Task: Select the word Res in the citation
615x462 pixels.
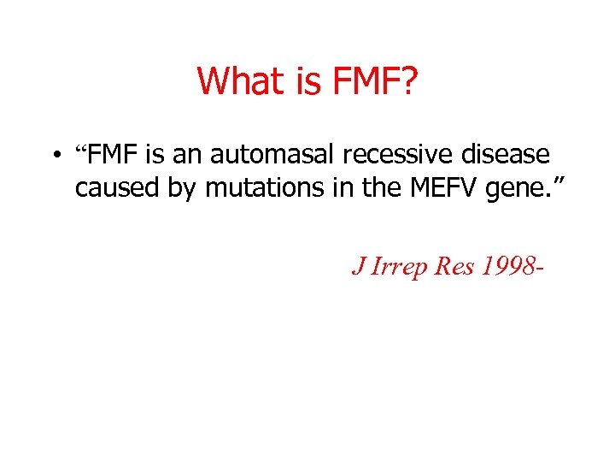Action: [x=454, y=267]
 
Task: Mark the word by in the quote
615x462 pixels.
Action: [x=181, y=189]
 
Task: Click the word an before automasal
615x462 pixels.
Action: [x=190, y=156]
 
